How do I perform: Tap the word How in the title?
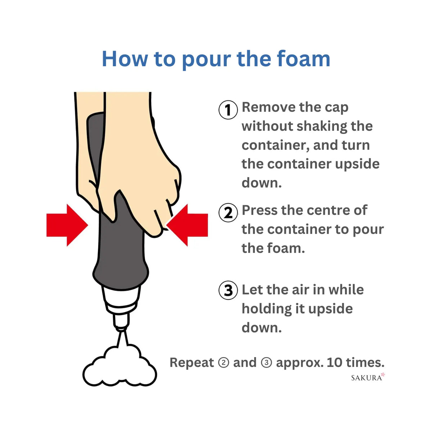(x=125, y=59)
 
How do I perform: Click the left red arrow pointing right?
(x=67, y=225)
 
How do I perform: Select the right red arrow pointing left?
(x=187, y=225)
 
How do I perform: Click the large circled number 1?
(x=228, y=110)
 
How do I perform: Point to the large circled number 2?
(x=228, y=213)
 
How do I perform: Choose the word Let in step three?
(x=252, y=290)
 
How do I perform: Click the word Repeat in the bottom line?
(x=192, y=363)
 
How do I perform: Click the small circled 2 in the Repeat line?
(x=224, y=363)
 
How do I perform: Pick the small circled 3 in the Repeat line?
(x=266, y=363)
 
